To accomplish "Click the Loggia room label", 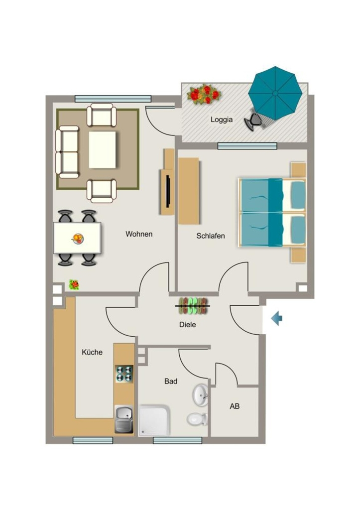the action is [222, 120].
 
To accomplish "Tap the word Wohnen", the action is [139, 234].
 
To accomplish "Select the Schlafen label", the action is [211, 236].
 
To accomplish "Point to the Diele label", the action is [187, 324].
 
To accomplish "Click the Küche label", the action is [92, 352].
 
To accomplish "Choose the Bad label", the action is [171, 381].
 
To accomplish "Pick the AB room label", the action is [235, 406].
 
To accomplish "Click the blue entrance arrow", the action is [276, 318].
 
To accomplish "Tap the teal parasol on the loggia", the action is [275, 93].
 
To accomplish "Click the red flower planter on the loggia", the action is [204, 94].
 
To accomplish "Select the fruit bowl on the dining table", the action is [78, 239].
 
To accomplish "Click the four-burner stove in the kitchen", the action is [124, 374].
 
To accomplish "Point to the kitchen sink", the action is [124, 419].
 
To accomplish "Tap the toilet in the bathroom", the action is [197, 419].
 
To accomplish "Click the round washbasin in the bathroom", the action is [200, 395].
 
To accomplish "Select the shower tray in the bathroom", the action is [155, 420].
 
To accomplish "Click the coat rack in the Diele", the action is [193, 306].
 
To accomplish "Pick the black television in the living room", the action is [168, 192].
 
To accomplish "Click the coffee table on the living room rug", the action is [103, 149].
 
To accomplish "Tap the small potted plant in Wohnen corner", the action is [74, 285].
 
